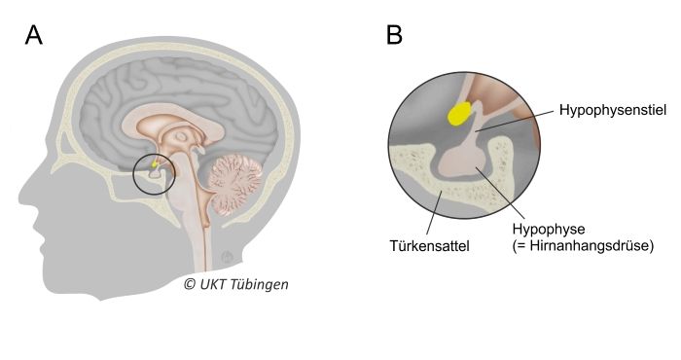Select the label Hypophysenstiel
point(612,112)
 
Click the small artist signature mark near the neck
point(227,257)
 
